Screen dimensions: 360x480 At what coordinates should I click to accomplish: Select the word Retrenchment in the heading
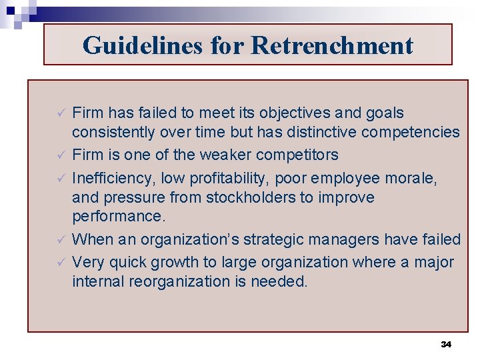332,45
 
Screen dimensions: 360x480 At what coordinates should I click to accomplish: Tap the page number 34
446,344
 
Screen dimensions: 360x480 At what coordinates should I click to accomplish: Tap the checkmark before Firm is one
61,155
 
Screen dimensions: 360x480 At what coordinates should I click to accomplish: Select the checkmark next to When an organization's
61,239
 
